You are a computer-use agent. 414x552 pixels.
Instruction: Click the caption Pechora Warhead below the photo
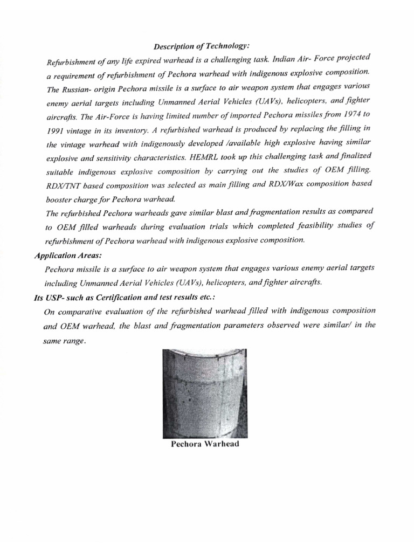coord(205,445)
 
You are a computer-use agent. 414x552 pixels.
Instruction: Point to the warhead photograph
coord(205,394)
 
